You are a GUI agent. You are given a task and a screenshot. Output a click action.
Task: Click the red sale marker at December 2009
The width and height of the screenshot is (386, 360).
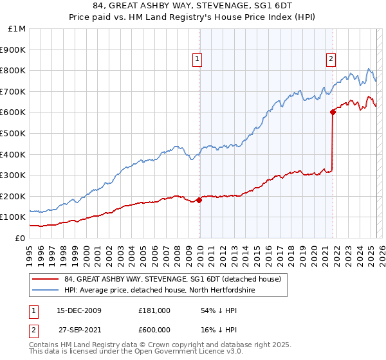click(199, 200)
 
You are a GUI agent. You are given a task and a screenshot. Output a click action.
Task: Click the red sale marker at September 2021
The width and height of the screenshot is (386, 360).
click(333, 112)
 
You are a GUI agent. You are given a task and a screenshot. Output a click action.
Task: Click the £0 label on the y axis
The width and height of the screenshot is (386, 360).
click(20, 238)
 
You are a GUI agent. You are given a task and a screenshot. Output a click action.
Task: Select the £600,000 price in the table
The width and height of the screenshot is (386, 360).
click(154, 330)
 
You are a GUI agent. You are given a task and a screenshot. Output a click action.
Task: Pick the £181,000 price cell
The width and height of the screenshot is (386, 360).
click(154, 310)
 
